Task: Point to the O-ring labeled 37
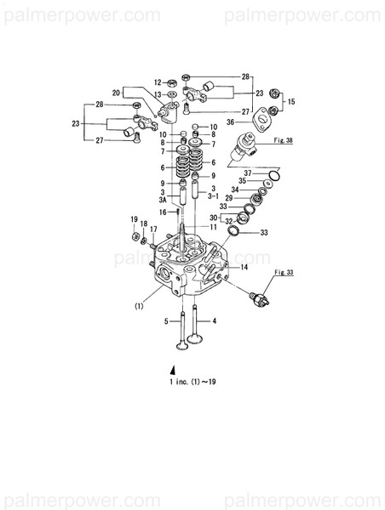[272, 177]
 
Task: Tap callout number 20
[116, 92]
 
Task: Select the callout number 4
[215, 321]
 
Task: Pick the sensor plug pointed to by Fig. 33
[256, 297]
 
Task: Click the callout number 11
[213, 227]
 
